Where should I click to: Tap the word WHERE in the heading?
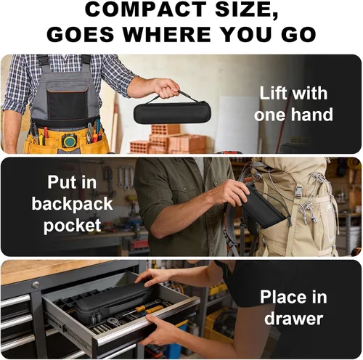pos(167,34)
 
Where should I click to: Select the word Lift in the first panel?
pos(273,93)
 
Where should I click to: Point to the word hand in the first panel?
pos(312,115)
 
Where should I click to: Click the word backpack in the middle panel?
pos(72,205)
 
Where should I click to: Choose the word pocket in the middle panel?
pos(72,226)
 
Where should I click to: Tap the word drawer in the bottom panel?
pos(293,319)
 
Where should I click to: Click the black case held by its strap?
pos(172,112)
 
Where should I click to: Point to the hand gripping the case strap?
pos(166,88)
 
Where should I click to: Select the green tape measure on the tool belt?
pos(70,141)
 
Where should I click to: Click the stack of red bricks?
pos(169,139)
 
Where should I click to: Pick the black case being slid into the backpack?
pos(263,208)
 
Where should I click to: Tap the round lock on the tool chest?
pos(36,285)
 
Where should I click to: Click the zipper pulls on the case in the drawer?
pos(96,318)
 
